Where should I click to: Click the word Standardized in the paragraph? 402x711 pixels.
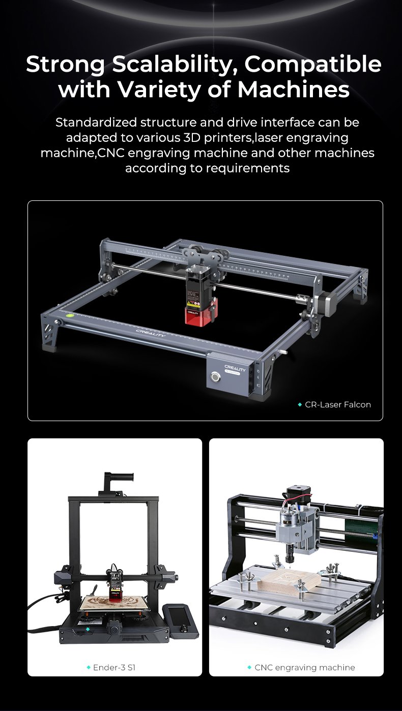(x=96, y=123)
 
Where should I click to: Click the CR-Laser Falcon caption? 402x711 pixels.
(x=338, y=405)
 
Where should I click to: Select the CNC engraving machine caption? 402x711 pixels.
(x=305, y=667)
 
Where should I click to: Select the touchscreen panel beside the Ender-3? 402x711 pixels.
(x=177, y=618)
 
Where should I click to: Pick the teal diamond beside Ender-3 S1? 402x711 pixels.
(x=89, y=667)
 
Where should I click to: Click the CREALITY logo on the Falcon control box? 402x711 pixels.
(x=235, y=369)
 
